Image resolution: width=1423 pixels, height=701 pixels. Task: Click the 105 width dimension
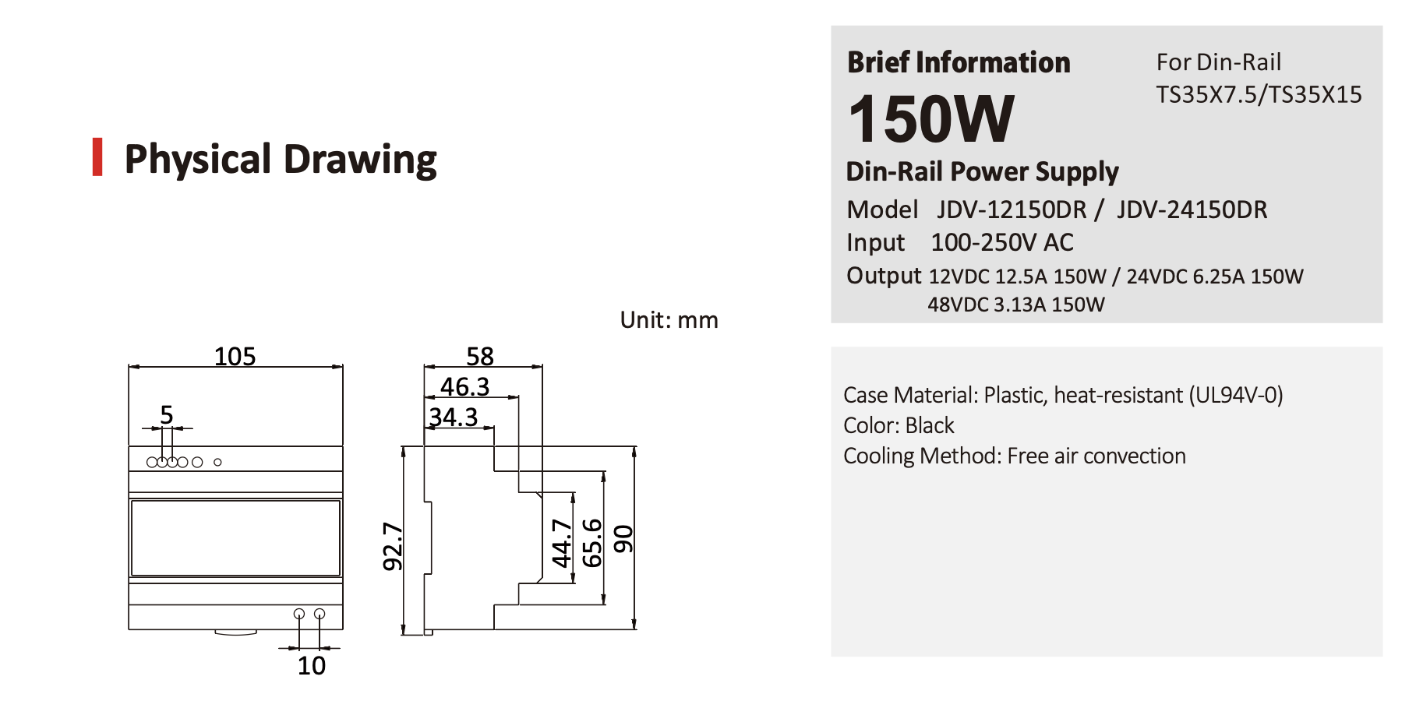235,356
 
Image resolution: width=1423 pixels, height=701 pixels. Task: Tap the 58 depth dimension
480,356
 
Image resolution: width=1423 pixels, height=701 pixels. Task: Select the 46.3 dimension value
464,386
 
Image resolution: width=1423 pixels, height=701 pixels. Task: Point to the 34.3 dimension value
453,417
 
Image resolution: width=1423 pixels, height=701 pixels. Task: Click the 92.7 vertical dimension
393,546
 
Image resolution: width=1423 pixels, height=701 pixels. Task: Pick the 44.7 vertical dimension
561,543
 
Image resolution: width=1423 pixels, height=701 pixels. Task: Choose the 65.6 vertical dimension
592,543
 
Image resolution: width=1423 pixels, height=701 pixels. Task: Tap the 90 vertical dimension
623,539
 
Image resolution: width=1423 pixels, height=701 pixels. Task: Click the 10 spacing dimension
312,665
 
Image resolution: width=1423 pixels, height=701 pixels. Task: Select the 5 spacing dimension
166,414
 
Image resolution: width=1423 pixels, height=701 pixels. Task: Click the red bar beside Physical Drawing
97,157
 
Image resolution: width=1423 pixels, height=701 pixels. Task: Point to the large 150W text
931,119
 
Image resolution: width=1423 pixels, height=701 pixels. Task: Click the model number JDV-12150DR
1012,210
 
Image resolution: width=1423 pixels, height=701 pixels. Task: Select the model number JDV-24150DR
1192,210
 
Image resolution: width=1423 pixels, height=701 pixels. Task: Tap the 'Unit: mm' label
669,320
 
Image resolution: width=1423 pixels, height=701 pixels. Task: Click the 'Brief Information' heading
959,62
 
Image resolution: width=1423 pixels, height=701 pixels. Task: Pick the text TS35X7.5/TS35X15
1259,94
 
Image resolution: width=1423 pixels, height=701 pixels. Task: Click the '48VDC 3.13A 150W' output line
1015,305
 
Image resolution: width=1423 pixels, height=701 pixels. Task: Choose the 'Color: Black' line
899,425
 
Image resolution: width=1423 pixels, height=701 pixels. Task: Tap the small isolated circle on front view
217,462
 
